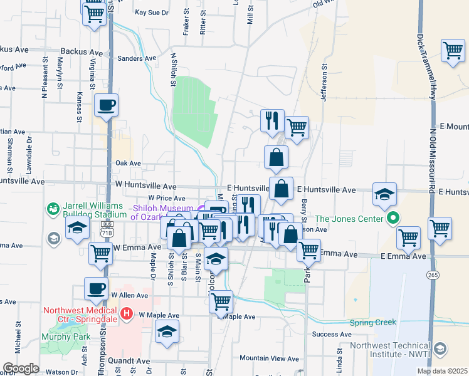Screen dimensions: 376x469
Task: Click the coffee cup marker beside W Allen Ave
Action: (x=96, y=289)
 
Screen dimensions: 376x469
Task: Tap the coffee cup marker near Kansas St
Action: (x=106, y=105)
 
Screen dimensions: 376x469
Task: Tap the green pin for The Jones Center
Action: (x=393, y=219)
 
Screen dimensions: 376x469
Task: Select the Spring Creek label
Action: (x=373, y=322)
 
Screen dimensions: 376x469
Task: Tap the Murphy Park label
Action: (x=62, y=337)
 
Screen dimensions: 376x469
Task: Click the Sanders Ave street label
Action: (x=136, y=58)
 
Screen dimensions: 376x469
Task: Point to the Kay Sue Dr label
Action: (x=152, y=12)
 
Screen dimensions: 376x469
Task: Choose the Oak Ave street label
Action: (x=128, y=163)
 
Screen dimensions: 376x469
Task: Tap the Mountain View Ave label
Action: (x=270, y=358)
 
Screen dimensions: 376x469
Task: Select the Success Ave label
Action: (x=332, y=335)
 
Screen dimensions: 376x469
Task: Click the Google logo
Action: (x=21, y=368)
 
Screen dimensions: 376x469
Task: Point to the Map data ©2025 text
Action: (x=441, y=371)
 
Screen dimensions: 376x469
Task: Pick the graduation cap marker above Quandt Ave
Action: (x=167, y=332)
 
